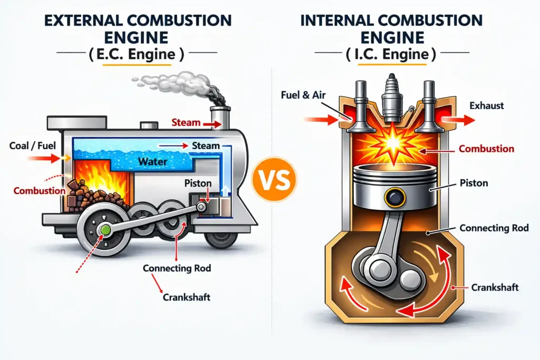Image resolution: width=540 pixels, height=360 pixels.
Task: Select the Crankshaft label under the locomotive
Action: click(x=187, y=297)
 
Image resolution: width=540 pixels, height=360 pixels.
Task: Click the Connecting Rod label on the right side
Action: click(x=494, y=228)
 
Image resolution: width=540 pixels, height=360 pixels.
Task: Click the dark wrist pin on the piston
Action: click(x=393, y=199)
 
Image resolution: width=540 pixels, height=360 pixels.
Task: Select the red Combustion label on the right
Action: click(x=486, y=149)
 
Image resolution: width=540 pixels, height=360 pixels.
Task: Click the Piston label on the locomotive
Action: click(x=198, y=183)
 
